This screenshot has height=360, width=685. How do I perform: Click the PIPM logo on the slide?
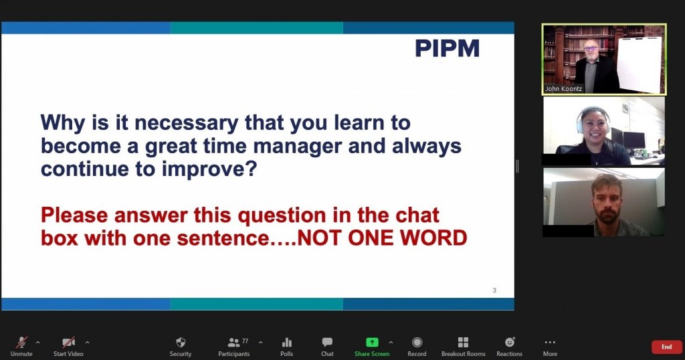click(447, 48)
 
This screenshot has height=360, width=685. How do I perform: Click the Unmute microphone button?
click(21, 347)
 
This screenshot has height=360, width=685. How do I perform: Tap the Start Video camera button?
click(68, 347)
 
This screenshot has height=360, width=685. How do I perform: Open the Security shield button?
click(181, 347)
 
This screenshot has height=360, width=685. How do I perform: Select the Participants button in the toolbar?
click(234, 347)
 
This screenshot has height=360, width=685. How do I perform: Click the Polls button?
click(286, 347)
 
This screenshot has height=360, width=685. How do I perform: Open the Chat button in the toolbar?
click(327, 347)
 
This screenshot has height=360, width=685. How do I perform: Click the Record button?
click(417, 347)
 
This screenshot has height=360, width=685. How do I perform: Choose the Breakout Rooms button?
click(463, 347)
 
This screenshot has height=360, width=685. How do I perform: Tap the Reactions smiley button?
click(509, 347)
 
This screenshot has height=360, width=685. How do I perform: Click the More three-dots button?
click(550, 347)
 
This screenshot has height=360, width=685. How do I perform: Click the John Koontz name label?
click(563, 89)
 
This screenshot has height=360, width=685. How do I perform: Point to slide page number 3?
click(494, 290)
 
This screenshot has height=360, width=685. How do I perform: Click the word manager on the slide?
click(298, 147)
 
